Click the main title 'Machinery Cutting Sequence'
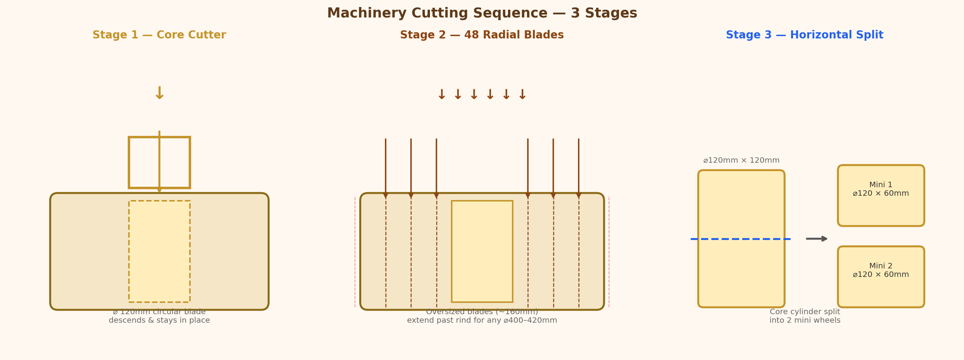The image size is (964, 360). click(437, 13)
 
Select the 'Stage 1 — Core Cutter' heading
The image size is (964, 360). click(159, 35)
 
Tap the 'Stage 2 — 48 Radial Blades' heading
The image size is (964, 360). click(482, 35)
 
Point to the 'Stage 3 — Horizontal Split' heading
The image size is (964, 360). click(805, 35)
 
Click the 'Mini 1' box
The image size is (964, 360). click(881, 195)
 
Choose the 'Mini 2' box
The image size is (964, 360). click(881, 277)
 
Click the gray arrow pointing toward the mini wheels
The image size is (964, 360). click(817, 238)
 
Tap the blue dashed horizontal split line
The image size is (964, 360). click(741, 239)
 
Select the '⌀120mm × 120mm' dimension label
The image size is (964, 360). click(741, 160)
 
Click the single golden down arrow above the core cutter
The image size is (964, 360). click(159, 94)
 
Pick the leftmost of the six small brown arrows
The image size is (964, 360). click(442, 95)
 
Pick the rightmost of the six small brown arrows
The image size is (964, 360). click(522, 95)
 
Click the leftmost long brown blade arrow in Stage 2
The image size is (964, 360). click(386, 169)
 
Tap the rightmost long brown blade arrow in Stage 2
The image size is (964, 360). click(579, 169)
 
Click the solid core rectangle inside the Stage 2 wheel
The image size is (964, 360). click(482, 251)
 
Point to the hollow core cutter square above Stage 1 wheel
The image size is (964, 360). click(129, 162)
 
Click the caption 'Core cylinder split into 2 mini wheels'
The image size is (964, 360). click(805, 316)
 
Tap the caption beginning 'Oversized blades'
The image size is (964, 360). click(482, 316)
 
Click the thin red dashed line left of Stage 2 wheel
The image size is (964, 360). click(355, 252)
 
